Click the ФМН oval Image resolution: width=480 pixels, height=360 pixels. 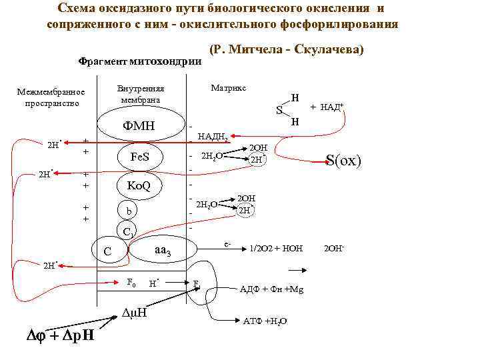139,125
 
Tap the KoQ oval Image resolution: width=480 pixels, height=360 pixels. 139,185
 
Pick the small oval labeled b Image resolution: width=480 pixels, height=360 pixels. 130,211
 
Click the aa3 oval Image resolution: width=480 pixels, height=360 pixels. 163,250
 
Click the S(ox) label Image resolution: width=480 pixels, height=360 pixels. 343,161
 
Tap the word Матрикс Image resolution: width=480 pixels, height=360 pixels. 229,88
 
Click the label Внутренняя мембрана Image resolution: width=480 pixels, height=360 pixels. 140,94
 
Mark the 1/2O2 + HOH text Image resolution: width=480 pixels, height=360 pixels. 276,249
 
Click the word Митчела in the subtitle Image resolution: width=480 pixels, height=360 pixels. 260,50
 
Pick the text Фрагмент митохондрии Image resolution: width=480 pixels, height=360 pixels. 140,61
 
